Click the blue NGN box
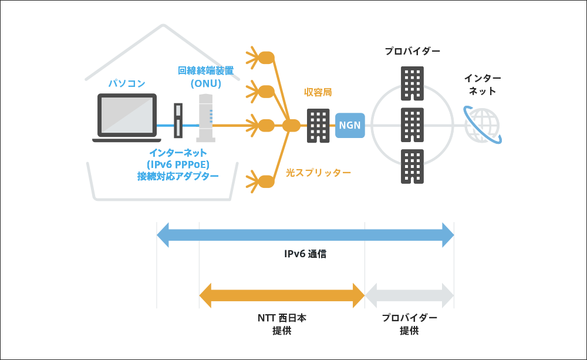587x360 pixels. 350,125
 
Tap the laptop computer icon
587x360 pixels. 127,117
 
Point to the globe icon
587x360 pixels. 483,125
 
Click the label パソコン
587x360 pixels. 126,83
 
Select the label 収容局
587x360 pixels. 318,92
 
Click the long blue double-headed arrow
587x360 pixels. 305,235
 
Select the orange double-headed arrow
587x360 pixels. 282,295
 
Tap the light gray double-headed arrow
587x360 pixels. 409,295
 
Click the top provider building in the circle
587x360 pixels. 412,83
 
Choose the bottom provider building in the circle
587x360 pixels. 412,166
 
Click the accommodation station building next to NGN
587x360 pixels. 318,125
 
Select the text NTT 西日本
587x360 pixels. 282,318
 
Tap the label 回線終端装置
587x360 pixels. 205,70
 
